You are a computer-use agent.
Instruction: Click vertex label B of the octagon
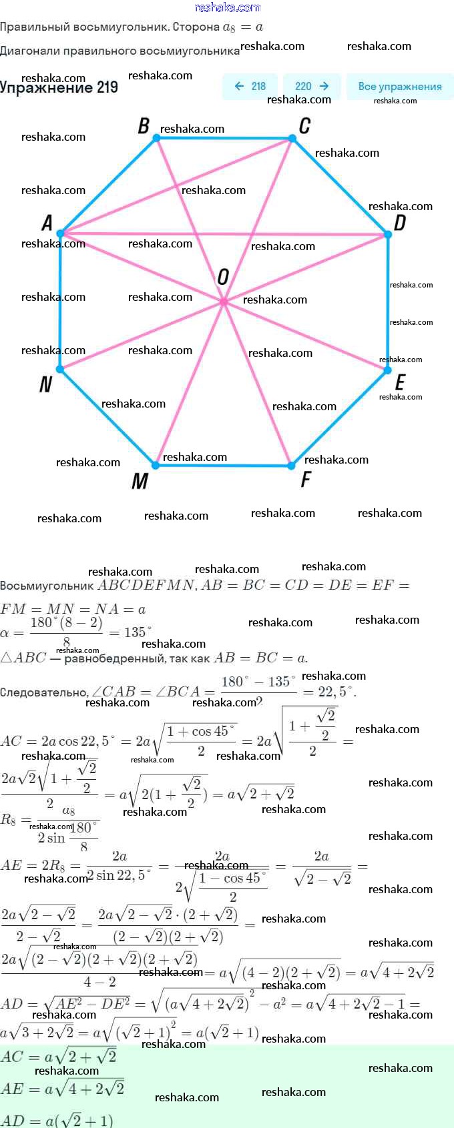(x=144, y=125)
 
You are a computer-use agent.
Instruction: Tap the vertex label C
(x=304, y=125)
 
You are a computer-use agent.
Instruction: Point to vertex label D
(x=399, y=223)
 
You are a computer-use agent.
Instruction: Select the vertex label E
(x=399, y=382)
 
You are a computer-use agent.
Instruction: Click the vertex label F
(x=306, y=479)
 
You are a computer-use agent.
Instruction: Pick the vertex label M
(x=140, y=481)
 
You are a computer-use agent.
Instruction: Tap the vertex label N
(x=45, y=384)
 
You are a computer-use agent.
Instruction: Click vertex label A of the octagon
(x=47, y=223)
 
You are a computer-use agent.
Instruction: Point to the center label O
(x=223, y=277)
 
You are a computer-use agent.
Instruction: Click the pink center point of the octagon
(x=224, y=302)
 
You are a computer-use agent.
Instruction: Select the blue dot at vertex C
(x=292, y=139)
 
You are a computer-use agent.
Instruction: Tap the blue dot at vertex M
(x=156, y=465)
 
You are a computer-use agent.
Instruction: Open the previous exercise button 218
(x=250, y=87)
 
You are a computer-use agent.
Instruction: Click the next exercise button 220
(x=312, y=87)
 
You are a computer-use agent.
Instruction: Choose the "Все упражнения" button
(x=399, y=87)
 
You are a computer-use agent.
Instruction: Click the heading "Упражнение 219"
(x=59, y=87)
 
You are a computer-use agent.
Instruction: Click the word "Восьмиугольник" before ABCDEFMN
(x=47, y=586)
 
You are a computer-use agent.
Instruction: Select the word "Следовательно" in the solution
(x=43, y=692)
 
